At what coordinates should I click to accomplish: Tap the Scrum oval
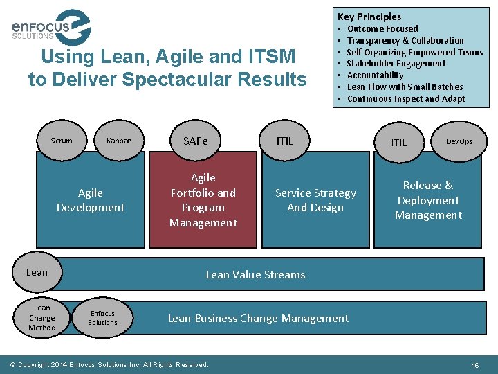62,141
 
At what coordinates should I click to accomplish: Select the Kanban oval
119,141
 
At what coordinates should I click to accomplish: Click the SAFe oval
196,141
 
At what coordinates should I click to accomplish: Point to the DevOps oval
460,141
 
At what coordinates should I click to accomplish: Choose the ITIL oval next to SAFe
284,141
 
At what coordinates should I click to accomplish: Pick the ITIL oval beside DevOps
400,143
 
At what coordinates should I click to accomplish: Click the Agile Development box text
91,200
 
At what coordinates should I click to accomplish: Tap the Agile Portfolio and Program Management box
203,200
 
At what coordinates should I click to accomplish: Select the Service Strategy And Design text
315,200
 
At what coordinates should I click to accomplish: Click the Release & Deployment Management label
428,200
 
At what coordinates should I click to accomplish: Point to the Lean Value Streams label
255,275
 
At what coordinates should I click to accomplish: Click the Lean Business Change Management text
258,319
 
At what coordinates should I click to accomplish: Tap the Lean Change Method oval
42,318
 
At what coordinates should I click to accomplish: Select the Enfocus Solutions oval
102,318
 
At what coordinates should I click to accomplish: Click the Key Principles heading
369,17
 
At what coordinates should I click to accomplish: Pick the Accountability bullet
375,75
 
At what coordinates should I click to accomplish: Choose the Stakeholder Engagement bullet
396,64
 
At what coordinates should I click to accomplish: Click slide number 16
475,364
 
